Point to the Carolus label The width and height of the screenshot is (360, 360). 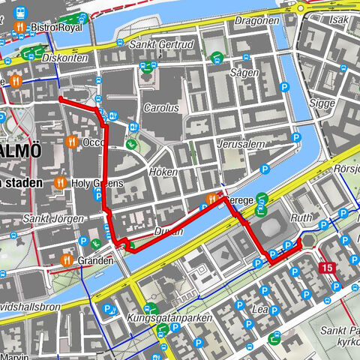(x=162, y=107)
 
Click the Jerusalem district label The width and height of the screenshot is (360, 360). (x=241, y=143)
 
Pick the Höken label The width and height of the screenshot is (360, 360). (x=163, y=172)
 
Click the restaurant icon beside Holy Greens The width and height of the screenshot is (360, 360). (x=61, y=182)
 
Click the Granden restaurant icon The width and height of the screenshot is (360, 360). (x=67, y=260)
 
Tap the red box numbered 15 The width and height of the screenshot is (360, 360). (x=326, y=268)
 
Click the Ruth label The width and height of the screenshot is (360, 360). (x=301, y=219)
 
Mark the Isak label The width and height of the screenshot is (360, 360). (x=340, y=20)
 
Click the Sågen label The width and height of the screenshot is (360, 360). (x=244, y=73)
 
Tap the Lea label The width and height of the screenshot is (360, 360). (x=262, y=308)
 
